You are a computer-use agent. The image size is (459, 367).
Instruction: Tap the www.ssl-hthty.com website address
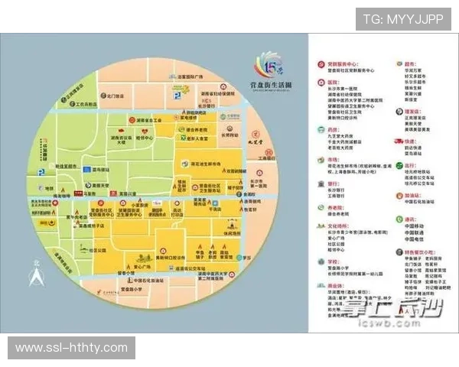pos(72,348)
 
